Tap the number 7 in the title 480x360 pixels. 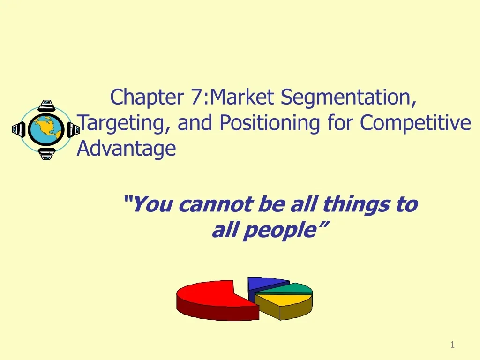(x=196, y=97)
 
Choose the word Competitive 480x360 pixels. (x=415, y=123)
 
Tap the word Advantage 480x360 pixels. (x=127, y=149)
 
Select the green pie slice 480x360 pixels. (x=293, y=288)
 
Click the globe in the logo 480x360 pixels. (x=46, y=129)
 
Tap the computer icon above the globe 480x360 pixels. (x=46, y=106)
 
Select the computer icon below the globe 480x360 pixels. (x=46, y=153)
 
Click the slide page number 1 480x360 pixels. (x=452, y=345)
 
